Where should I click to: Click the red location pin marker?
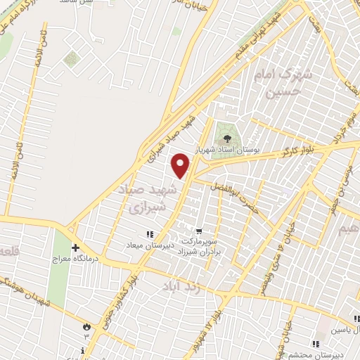click(181, 165)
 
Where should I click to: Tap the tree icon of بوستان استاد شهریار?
click(226, 134)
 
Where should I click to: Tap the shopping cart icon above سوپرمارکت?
click(199, 231)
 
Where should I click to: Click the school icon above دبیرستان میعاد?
click(148, 234)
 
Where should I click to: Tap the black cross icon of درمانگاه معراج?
click(76, 248)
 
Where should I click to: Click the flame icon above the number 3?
click(86, 326)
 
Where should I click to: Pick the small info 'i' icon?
click(84, 350)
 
